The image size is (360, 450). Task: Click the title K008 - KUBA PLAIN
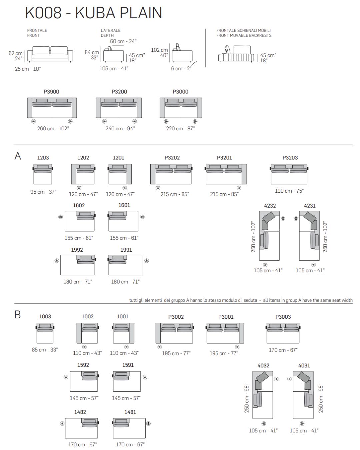(x=94, y=13)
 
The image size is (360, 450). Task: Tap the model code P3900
(x=51, y=92)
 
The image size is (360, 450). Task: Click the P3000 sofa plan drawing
(x=181, y=107)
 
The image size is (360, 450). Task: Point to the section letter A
(x=18, y=156)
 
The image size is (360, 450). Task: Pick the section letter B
(x=18, y=315)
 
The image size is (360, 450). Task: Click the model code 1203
(x=43, y=158)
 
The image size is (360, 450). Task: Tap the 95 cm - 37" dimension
(x=43, y=192)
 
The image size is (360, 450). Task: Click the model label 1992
(x=77, y=250)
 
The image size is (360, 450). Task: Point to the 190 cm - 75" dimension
(x=289, y=191)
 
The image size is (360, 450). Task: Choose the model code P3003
(x=283, y=317)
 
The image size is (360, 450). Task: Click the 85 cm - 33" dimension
(x=45, y=350)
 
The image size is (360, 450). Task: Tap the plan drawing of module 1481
(x=129, y=428)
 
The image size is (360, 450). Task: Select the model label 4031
(x=304, y=365)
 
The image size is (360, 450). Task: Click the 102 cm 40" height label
(x=160, y=52)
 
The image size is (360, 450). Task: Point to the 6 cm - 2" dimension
(x=181, y=68)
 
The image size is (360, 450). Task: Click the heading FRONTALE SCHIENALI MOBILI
(x=243, y=30)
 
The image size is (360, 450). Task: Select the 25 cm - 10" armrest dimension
(x=28, y=69)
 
